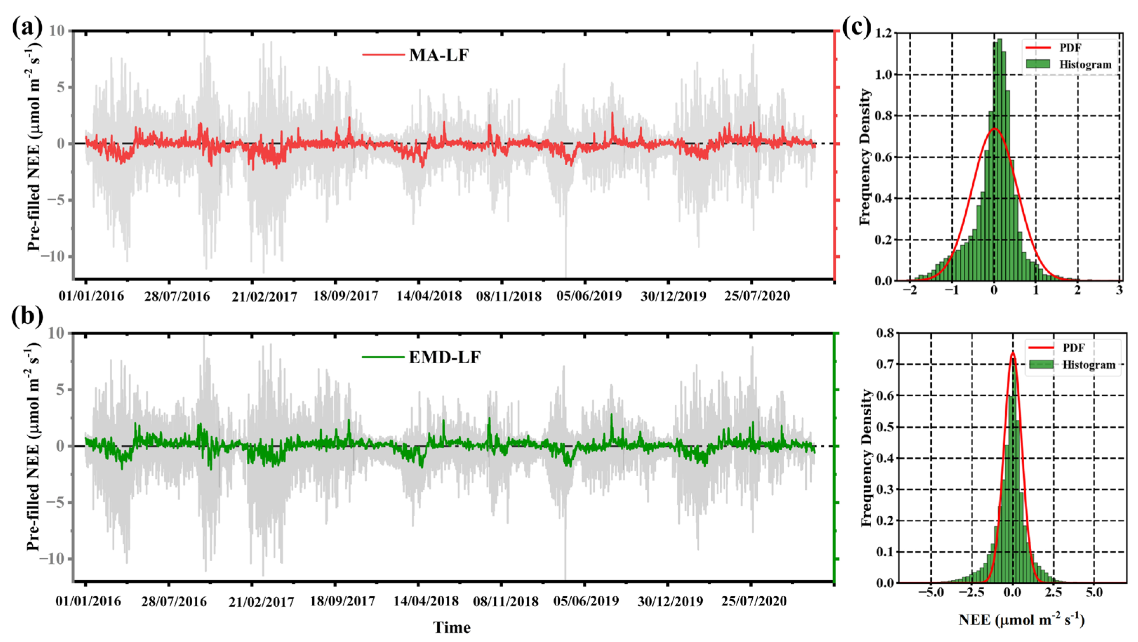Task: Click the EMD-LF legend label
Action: (444, 357)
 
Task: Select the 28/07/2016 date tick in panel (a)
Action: (177, 296)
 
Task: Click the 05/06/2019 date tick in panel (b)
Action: (586, 601)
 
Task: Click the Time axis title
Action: (452, 627)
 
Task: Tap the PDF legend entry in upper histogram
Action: (1069, 47)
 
